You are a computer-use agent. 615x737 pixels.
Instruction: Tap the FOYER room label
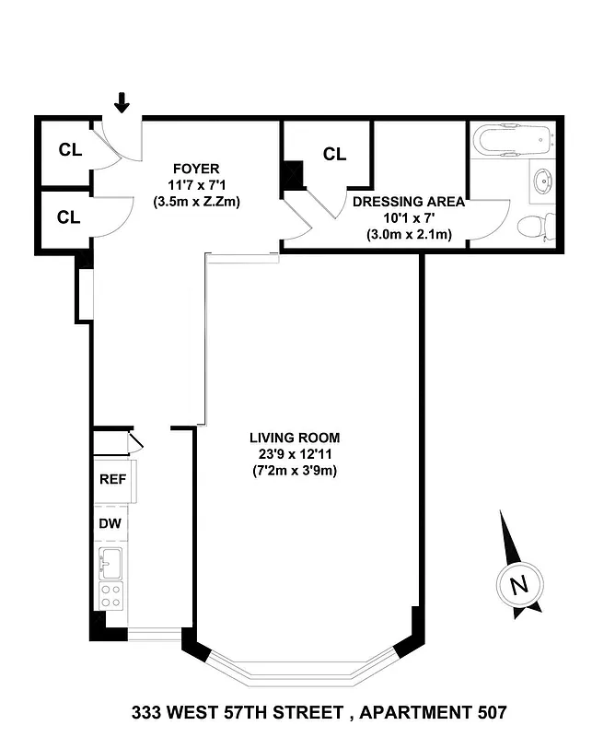click(x=195, y=169)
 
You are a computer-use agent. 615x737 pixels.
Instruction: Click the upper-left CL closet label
click(x=69, y=149)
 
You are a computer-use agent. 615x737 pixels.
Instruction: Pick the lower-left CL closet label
click(x=69, y=217)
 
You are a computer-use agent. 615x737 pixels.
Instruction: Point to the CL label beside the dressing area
click(x=334, y=154)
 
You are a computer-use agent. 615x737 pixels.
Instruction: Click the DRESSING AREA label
click(x=407, y=202)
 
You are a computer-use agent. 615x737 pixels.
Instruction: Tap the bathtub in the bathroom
click(x=513, y=141)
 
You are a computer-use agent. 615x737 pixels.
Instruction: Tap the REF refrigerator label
click(x=113, y=480)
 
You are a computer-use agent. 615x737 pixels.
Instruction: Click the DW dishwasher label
click(x=110, y=522)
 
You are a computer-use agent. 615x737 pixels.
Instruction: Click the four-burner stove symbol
click(x=111, y=594)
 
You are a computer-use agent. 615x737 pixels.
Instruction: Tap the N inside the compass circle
click(x=519, y=583)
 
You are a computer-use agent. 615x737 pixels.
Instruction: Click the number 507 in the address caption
click(x=485, y=712)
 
